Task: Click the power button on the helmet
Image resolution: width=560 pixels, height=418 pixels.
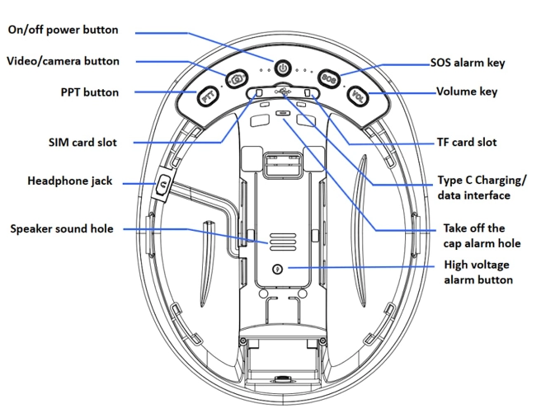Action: click(x=282, y=68)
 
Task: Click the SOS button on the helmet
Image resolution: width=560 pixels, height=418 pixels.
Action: click(x=327, y=78)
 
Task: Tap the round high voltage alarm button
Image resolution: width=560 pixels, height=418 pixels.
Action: click(x=277, y=269)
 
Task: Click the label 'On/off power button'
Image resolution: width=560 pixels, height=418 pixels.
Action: click(x=63, y=31)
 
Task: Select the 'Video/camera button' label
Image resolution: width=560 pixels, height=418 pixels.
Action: click(x=63, y=61)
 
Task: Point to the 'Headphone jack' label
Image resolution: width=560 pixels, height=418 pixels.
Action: click(x=69, y=181)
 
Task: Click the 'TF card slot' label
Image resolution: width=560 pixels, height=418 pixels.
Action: click(x=466, y=142)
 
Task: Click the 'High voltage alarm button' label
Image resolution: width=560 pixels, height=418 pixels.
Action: click(x=478, y=272)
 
